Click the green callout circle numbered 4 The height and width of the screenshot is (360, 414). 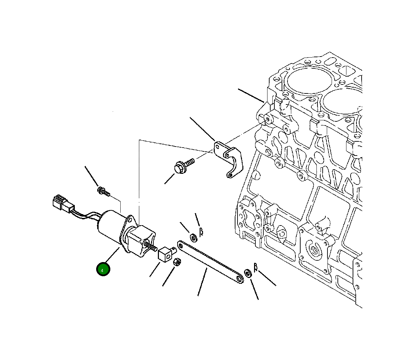pos(103,269)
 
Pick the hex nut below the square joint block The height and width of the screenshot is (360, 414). pos(177,262)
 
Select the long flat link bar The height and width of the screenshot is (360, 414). pos(210,262)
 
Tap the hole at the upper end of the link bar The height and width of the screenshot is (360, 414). pos(181,245)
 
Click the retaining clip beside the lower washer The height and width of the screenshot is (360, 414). pos(256,267)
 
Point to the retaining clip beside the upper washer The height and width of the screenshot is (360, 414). pos(201,232)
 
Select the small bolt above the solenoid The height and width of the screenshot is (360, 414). pos(103,191)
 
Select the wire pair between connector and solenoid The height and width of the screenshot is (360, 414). pos(87,216)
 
